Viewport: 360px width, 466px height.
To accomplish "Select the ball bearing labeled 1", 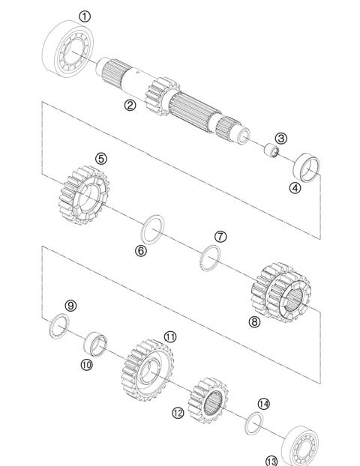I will coord(70,48).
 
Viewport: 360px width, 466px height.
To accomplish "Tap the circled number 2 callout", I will coord(130,106).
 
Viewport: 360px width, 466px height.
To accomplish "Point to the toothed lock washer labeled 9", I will coord(58,327).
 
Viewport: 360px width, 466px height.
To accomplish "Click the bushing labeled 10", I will coord(96,344).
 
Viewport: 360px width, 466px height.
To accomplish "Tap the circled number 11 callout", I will coord(170,336).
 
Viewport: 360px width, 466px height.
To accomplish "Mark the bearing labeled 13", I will coord(304,447).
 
